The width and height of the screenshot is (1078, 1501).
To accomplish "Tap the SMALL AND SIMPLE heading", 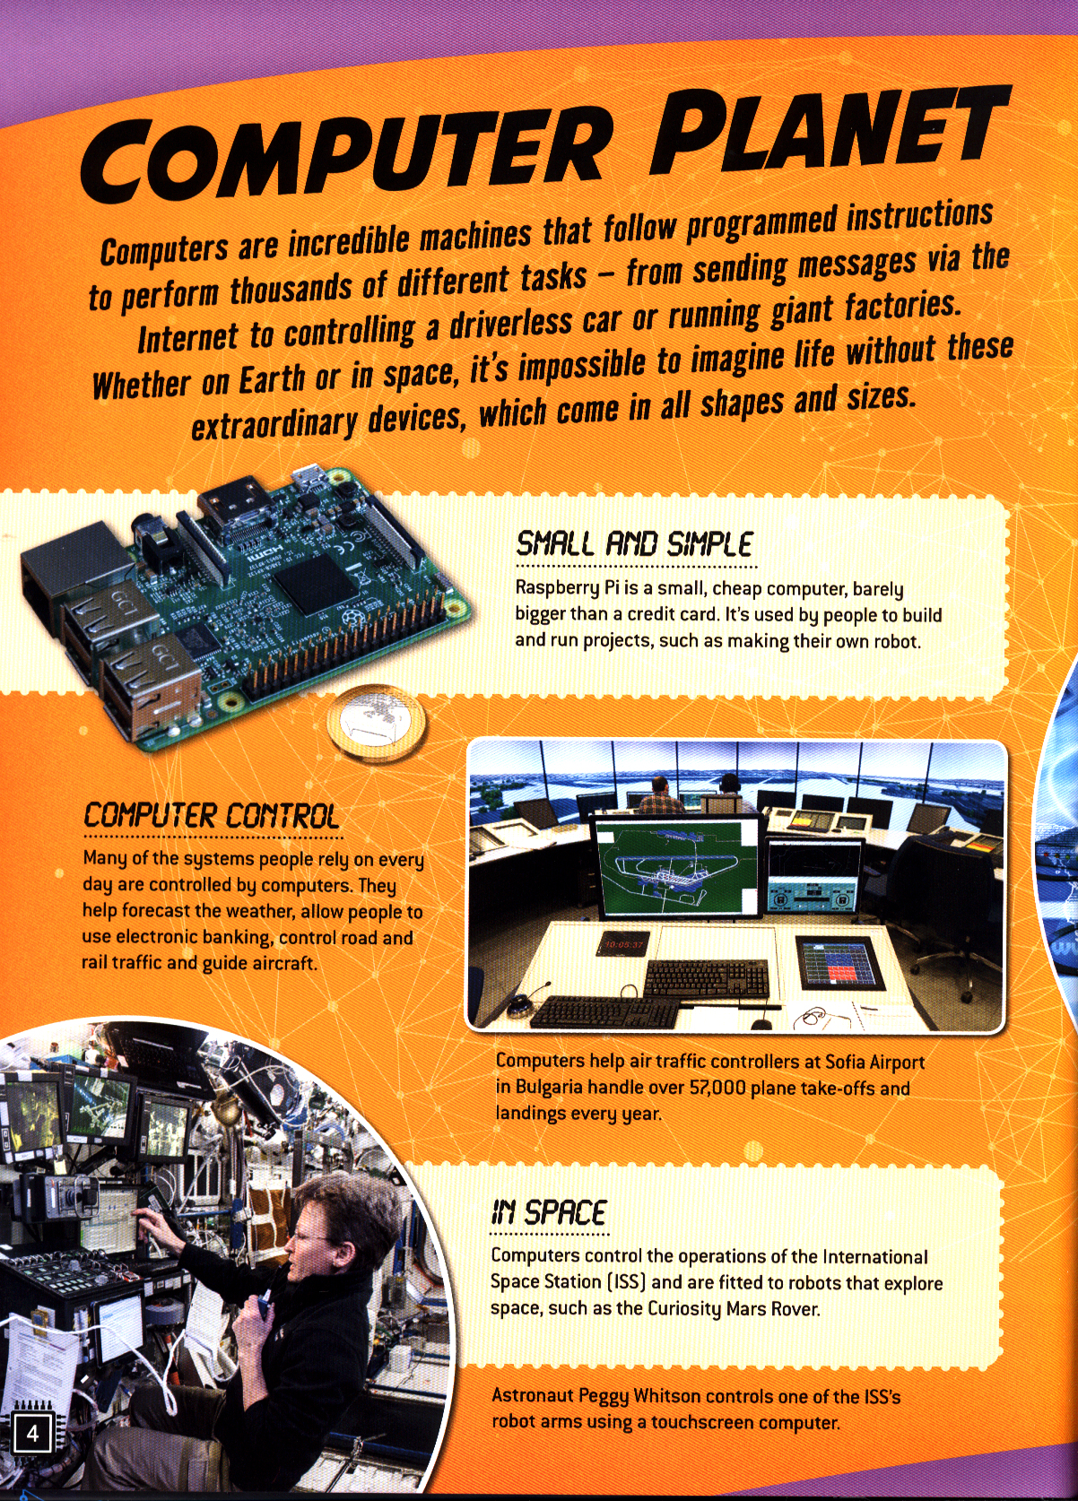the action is click(x=634, y=543).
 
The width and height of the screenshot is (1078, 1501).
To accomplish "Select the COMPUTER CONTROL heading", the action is click(x=211, y=816).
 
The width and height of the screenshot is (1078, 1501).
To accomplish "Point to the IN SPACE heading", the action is click(x=549, y=1212).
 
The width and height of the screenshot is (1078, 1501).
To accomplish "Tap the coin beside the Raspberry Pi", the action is click(x=376, y=722).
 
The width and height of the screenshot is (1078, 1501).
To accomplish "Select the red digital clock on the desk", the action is click(x=623, y=943).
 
